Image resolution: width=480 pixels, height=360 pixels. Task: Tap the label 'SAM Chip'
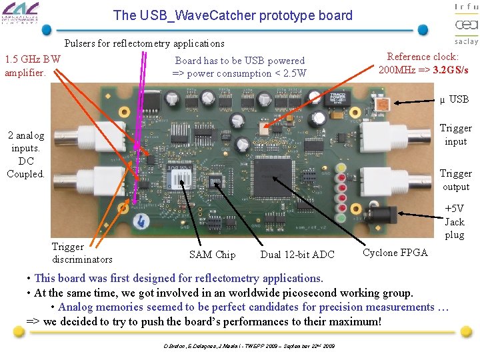click(212, 254)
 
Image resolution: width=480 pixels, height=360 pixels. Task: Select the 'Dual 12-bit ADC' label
click(297, 254)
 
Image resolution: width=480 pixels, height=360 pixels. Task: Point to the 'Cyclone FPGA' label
click(395, 252)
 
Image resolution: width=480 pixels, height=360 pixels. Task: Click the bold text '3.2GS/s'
click(450, 69)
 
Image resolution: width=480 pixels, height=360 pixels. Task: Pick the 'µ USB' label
click(454, 99)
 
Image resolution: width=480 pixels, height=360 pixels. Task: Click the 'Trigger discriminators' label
click(82, 253)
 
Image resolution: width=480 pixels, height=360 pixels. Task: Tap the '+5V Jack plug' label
click(455, 221)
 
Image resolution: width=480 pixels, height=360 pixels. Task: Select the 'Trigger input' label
click(455, 135)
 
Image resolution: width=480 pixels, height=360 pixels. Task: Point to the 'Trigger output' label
click(455, 180)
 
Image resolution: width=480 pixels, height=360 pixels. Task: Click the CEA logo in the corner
click(466, 25)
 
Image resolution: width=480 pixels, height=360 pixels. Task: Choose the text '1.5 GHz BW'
click(33, 59)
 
